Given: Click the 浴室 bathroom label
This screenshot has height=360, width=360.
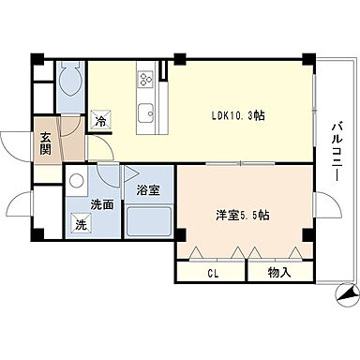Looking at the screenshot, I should click(148, 190).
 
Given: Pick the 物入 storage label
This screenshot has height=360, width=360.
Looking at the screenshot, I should click(278, 273).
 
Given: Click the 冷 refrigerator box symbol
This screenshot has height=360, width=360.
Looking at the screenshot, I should click(100, 121).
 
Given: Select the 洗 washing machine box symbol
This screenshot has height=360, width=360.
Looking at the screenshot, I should click(82, 224).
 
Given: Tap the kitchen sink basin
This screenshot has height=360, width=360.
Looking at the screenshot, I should click(146, 115).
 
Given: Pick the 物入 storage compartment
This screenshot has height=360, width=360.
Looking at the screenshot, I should click(278, 273).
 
